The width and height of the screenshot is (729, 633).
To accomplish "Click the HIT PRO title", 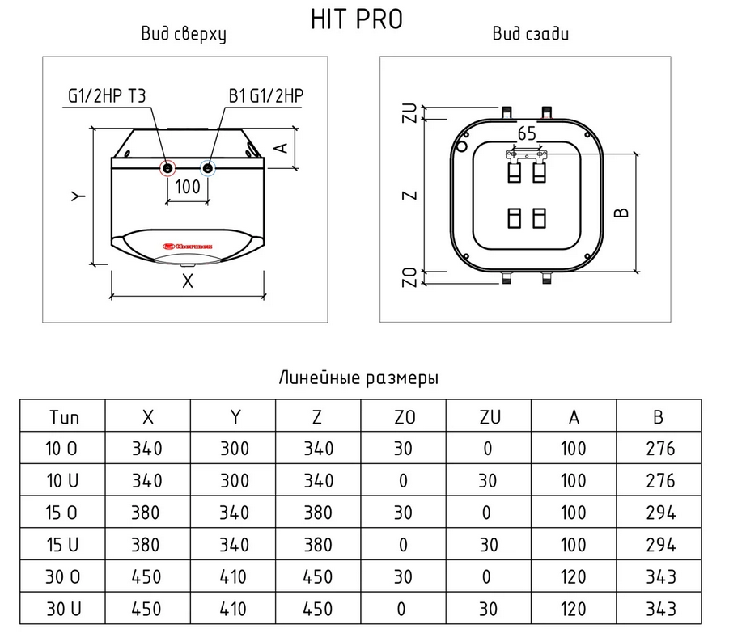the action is click(x=356, y=19).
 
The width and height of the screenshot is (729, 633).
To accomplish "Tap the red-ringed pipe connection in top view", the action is click(x=167, y=168).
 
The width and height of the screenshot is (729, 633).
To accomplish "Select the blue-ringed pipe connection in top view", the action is click(x=208, y=168).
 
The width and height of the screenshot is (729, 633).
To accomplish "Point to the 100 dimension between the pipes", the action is click(x=188, y=187).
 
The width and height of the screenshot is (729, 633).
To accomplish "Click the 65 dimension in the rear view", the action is click(x=527, y=133).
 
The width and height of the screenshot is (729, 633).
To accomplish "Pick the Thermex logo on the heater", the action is click(x=188, y=246).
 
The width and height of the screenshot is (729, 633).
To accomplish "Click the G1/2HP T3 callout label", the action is click(x=107, y=96).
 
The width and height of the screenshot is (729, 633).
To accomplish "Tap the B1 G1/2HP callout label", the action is click(x=266, y=96).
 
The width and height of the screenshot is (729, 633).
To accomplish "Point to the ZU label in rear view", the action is click(x=409, y=113).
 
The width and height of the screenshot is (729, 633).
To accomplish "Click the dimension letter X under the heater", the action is click(x=188, y=281).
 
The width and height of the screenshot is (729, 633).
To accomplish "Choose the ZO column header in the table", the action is click(x=404, y=417).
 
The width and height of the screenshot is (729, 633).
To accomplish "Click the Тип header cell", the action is click(x=64, y=417).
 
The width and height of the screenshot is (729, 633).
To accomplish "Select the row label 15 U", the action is click(x=62, y=545).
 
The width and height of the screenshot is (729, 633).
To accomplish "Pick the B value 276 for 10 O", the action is click(x=660, y=449).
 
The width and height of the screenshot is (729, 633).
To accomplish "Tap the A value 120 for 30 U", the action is click(x=574, y=609).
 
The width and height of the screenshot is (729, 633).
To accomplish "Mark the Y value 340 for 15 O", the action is click(x=235, y=513).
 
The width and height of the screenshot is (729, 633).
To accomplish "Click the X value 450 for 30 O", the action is click(x=146, y=576).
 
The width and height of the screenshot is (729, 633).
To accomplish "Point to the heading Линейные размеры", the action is click(x=358, y=378).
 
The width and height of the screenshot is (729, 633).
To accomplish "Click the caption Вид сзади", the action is click(x=531, y=34).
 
